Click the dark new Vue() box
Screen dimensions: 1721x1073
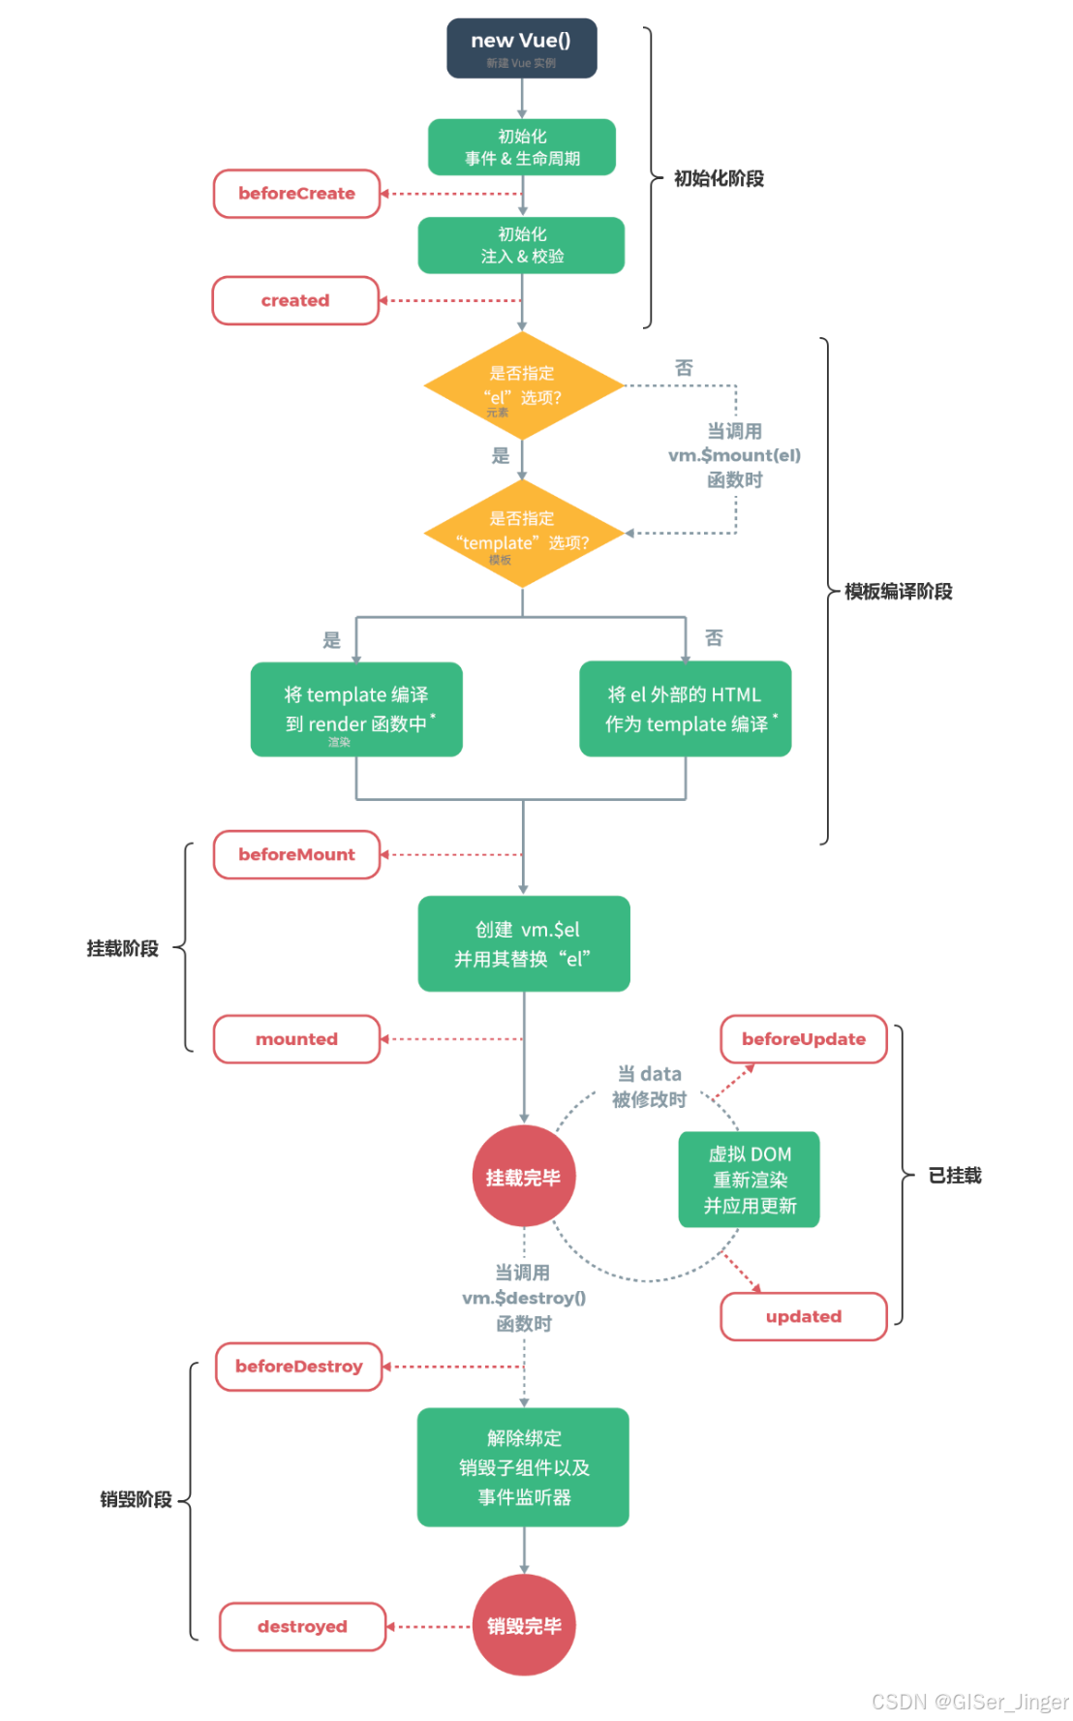[521, 48]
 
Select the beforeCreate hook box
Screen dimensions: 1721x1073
[296, 194]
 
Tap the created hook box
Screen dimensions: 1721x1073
[295, 300]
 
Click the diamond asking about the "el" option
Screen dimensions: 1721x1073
[523, 385]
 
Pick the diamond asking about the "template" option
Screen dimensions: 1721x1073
[523, 533]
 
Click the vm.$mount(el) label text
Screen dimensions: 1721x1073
[734, 455]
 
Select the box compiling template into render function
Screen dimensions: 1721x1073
[355, 709]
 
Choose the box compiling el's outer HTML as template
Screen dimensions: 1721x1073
[685, 709]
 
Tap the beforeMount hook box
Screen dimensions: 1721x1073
[296, 854]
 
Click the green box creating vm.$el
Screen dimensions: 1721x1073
[524, 943]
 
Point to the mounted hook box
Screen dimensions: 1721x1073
[296, 1039]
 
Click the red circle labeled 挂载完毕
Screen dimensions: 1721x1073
[523, 1177]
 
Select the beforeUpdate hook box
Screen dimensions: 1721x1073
[803, 1039]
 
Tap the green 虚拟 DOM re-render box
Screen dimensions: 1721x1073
[750, 1180]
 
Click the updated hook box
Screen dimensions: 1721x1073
[803, 1316]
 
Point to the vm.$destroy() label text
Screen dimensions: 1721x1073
[524, 1298]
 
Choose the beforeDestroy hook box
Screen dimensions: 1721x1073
[298, 1367]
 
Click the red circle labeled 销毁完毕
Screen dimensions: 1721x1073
[524, 1626]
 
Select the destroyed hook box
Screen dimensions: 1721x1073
[302, 1626]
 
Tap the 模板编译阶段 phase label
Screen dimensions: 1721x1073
[898, 592]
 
